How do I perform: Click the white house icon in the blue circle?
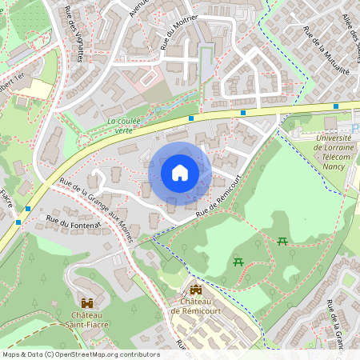(x=180, y=173)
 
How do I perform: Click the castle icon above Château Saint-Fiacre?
(x=86, y=304)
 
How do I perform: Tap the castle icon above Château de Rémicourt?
(x=196, y=290)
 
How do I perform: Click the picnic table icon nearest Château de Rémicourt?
(x=238, y=262)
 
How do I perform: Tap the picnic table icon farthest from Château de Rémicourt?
(x=282, y=241)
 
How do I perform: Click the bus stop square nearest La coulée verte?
(x=191, y=118)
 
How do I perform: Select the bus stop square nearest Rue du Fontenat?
(x=29, y=209)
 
